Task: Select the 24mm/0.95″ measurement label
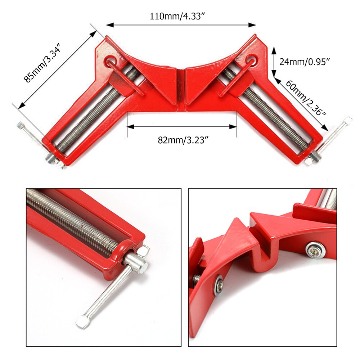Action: coord(305,62)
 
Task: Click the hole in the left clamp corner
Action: coord(111,60)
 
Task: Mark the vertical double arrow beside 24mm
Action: coord(274,62)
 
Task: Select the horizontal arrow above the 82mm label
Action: coord(182,126)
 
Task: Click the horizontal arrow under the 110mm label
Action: coord(181,25)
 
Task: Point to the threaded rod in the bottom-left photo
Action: coord(72,220)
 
